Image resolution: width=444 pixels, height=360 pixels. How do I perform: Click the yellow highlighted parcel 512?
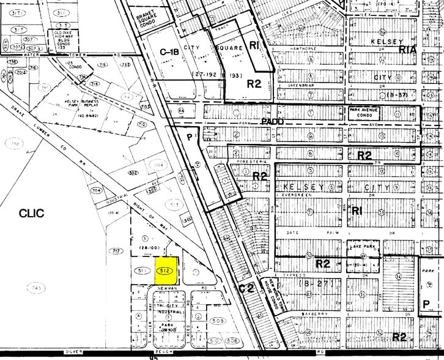tap(164, 270)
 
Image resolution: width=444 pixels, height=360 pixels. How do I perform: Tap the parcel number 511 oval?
tap(142, 271)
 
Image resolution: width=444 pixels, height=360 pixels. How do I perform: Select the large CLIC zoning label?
tap(32, 213)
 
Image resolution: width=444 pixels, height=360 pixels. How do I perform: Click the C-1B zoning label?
tap(168, 53)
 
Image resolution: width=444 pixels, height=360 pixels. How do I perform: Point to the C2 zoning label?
tap(246, 287)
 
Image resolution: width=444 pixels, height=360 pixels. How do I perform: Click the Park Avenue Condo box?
tap(369, 112)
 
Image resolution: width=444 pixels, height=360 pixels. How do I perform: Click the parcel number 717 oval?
tap(116, 252)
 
